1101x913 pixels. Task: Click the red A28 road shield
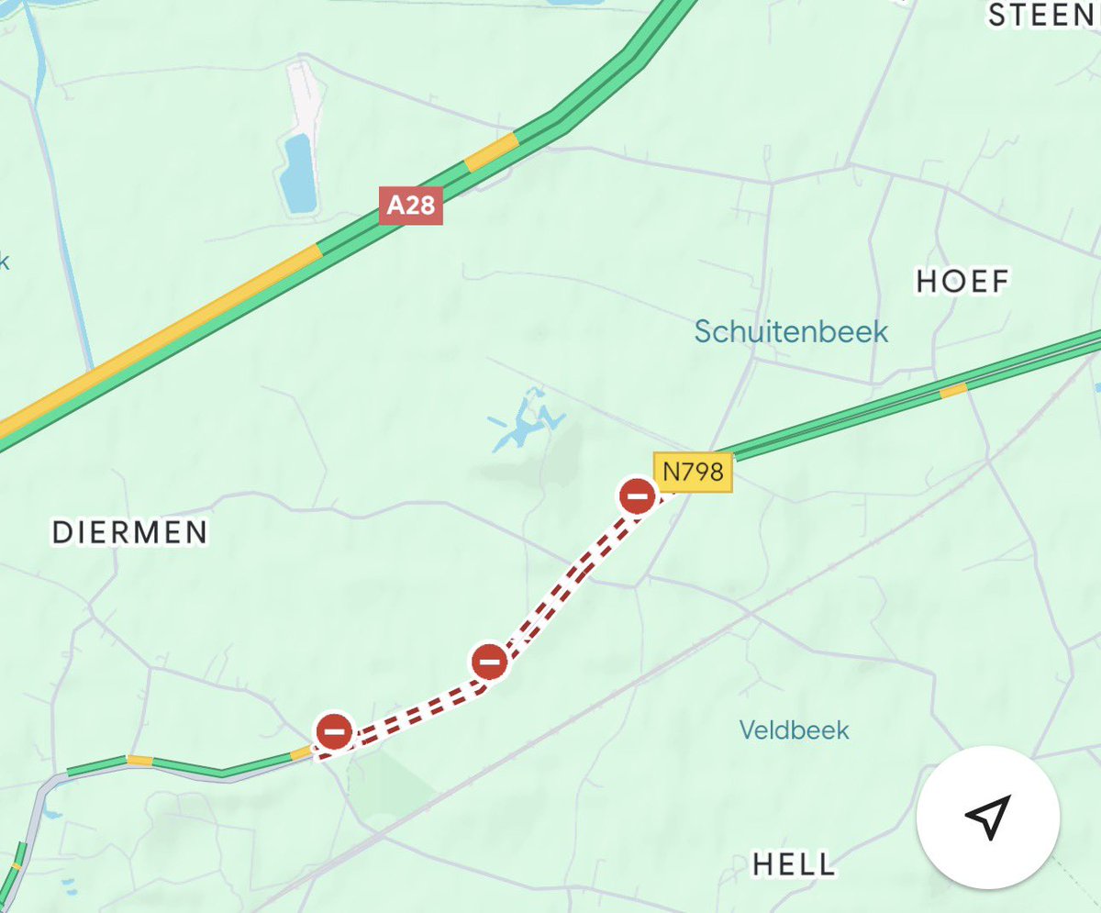click(x=410, y=206)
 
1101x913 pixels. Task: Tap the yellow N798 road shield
click(x=693, y=473)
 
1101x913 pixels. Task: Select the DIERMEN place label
click(x=129, y=531)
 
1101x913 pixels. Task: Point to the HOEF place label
click(x=962, y=281)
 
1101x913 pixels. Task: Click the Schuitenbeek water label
click(x=791, y=331)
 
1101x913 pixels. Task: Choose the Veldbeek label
click(x=795, y=730)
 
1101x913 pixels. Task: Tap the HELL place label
click(x=795, y=863)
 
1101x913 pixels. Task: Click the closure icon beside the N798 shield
click(x=637, y=496)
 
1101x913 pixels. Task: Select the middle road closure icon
click(x=489, y=661)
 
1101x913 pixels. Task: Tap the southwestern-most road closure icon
click(x=334, y=731)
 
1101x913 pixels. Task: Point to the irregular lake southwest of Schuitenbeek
click(x=526, y=423)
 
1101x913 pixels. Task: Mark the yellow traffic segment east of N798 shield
click(x=953, y=391)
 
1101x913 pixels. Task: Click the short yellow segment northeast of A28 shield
click(x=491, y=152)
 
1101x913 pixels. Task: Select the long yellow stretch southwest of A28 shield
click(x=165, y=335)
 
